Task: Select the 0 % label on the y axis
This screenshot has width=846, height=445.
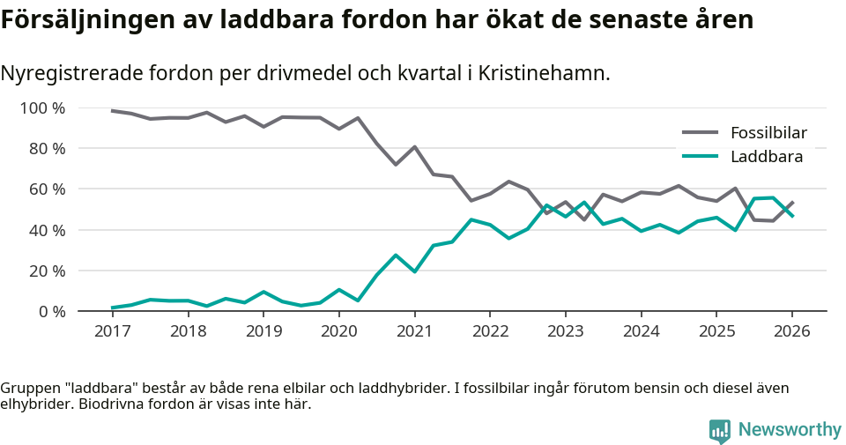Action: pos(52,311)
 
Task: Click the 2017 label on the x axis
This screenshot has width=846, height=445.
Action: pos(112,331)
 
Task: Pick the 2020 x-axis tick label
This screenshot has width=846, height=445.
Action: pos(338,331)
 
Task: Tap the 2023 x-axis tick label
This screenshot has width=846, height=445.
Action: pos(565,331)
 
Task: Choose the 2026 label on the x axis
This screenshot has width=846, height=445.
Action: pos(791,331)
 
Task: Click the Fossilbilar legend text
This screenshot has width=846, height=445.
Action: pos(768,133)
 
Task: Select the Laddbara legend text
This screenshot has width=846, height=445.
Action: pos(766,157)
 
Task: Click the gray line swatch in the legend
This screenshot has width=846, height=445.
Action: pos(701,133)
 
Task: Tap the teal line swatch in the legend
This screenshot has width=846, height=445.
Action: pos(701,157)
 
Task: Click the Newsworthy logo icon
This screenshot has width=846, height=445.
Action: pos(719,431)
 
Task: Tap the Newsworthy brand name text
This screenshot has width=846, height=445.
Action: pos(790,430)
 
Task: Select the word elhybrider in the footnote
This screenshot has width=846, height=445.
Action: pos(35,404)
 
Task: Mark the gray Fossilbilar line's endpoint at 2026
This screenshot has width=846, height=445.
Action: pos(792,202)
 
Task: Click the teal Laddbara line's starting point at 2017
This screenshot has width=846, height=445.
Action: pos(112,308)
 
